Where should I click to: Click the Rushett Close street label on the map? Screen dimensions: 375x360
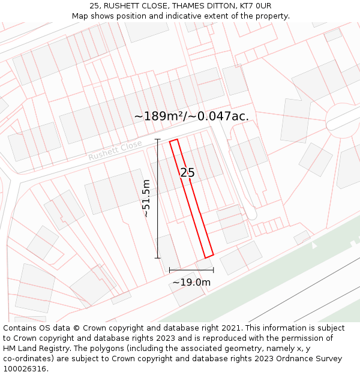tap(115, 150)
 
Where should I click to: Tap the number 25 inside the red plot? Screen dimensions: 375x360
tap(187, 173)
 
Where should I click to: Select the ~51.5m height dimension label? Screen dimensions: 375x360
tap(146, 198)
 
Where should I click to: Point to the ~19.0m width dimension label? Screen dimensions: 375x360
tap(191, 282)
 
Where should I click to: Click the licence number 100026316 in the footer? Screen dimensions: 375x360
tap(25, 368)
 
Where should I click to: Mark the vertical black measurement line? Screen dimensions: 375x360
tap(158, 199)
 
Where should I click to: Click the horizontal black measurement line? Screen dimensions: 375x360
tap(191, 270)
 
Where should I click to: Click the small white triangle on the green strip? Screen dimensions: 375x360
tap(314, 245)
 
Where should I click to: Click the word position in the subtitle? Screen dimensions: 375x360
tap(124, 16)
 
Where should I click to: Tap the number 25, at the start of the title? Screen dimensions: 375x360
tap(94, 6)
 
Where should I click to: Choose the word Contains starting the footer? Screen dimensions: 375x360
tap(20, 328)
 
